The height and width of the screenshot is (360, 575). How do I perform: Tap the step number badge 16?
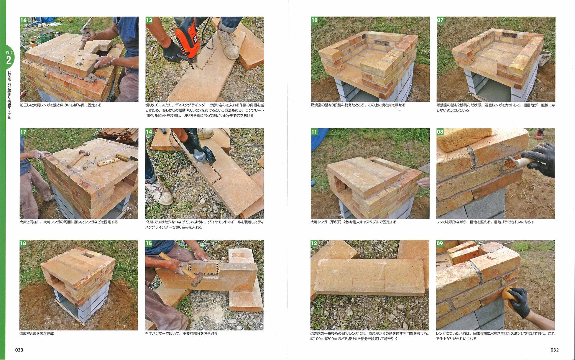click(x=24, y=20)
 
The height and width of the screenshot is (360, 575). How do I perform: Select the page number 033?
click(x=19, y=350)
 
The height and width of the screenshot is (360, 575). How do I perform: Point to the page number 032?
click(x=554, y=350)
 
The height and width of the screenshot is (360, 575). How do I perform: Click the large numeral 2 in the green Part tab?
click(x=9, y=60)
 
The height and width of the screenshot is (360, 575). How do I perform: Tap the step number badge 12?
click(x=314, y=243)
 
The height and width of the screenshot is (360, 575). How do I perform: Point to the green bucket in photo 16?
click(x=46, y=36)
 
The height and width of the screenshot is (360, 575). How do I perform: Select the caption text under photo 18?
click(x=37, y=333)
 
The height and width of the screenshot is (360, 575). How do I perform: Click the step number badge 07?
click(x=440, y=20)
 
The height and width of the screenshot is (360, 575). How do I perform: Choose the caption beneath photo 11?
click(x=353, y=222)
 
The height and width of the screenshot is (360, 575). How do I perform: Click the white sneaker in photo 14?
click(x=159, y=193)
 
